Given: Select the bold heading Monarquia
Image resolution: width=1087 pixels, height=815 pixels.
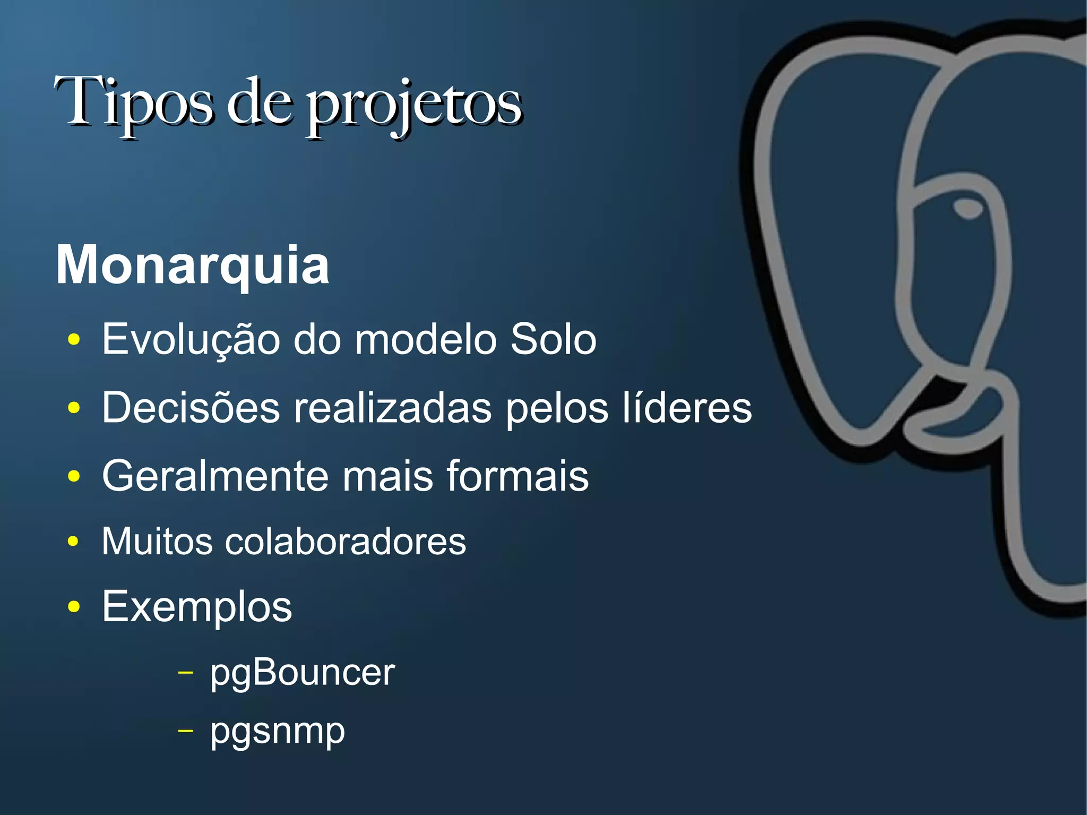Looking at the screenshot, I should point(193,265).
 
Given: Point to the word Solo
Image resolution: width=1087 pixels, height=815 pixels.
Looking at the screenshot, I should point(553,339).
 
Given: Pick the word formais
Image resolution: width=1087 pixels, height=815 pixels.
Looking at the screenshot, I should point(517,476).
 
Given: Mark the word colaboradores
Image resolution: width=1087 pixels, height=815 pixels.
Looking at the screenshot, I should point(346,542).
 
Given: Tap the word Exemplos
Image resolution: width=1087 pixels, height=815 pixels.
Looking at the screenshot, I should point(197,607).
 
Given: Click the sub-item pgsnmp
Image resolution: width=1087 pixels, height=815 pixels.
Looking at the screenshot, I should point(278,732).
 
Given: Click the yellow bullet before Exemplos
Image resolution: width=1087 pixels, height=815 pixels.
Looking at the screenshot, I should point(74,607).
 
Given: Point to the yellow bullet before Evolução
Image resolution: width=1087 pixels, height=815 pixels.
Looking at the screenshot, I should point(74,340).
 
